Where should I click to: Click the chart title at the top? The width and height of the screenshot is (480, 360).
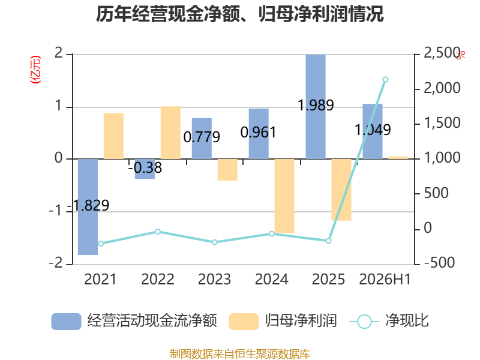click(239, 14)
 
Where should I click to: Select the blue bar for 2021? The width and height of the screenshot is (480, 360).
click(88, 206)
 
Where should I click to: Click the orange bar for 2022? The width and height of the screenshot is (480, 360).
click(170, 133)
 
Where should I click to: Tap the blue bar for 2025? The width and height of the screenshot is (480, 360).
click(316, 107)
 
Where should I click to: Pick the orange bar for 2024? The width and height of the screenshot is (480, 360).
click(284, 196)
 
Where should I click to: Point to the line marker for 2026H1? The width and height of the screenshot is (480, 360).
click(385, 80)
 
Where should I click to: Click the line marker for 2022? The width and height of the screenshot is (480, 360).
click(158, 232)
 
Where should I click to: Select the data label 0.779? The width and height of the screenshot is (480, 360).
click(202, 137)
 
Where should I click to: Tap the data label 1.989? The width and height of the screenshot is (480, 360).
click(316, 106)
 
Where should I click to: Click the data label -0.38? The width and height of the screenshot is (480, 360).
click(145, 167)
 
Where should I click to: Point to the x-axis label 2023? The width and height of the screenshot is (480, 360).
click(214, 279)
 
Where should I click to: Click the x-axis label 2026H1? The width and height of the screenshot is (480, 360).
click(385, 279)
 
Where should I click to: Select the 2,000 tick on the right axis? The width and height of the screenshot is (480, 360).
click(442, 88)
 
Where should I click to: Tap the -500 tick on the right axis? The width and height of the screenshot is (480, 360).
click(439, 262)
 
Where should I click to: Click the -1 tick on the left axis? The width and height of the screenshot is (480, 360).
click(56, 211)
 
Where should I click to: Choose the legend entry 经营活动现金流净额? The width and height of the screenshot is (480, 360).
click(134, 321)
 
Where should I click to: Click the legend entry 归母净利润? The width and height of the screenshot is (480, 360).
click(283, 321)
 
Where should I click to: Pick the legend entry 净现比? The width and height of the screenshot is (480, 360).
click(389, 321)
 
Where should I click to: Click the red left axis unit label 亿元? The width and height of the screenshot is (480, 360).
click(35, 70)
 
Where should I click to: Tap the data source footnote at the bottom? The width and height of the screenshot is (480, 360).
click(240, 353)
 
